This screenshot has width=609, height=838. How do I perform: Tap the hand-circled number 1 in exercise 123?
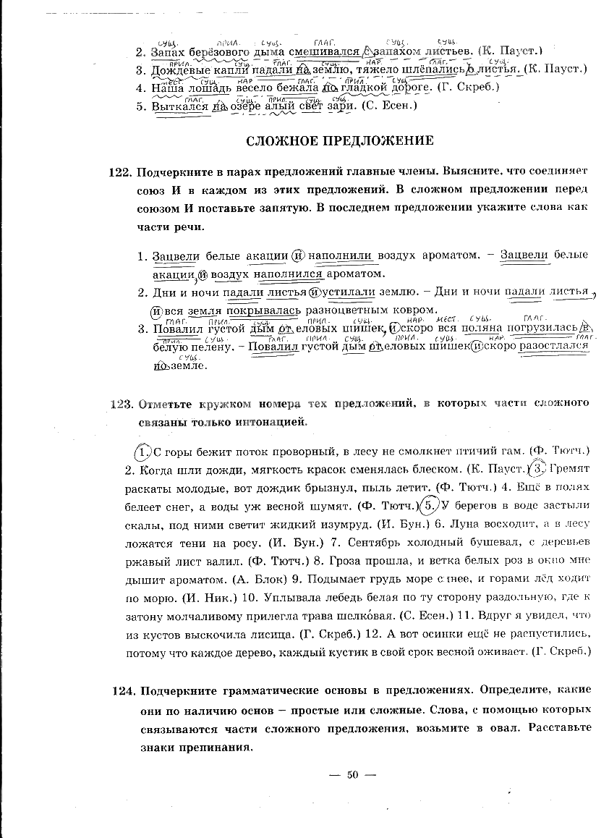click(144, 451)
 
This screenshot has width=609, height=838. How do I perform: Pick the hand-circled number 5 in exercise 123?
click(430, 504)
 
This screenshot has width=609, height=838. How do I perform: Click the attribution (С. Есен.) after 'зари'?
click(391, 106)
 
